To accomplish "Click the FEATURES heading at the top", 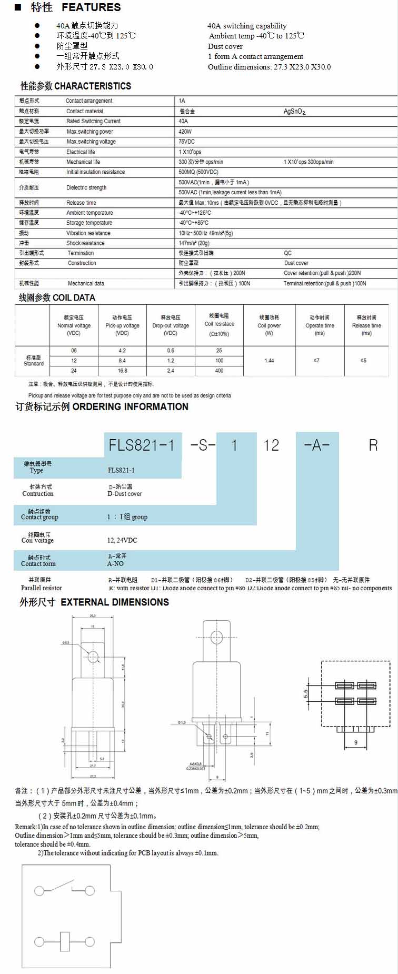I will point(91,7).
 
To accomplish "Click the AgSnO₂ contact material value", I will point(294,112).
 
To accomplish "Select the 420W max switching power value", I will point(185,132).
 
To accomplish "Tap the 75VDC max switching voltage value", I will point(186,142).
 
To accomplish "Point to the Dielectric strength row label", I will point(86,187).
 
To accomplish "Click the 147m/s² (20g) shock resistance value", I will point(194,243).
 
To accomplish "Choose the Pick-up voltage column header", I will point(122,325).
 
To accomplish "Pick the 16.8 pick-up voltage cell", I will point(122,371).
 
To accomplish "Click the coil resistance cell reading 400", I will point(219,371).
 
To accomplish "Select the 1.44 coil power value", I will point(269,361).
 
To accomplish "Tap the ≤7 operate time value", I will point(316,361).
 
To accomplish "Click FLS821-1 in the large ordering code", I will point(141,445).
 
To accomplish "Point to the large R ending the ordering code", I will point(373,445).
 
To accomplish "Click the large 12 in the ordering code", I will point(271,445).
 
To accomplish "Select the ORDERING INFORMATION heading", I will point(130,406).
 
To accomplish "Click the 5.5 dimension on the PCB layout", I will point(305,693).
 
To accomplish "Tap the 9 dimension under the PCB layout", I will point(356,742).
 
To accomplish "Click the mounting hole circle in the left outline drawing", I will point(93,657).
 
